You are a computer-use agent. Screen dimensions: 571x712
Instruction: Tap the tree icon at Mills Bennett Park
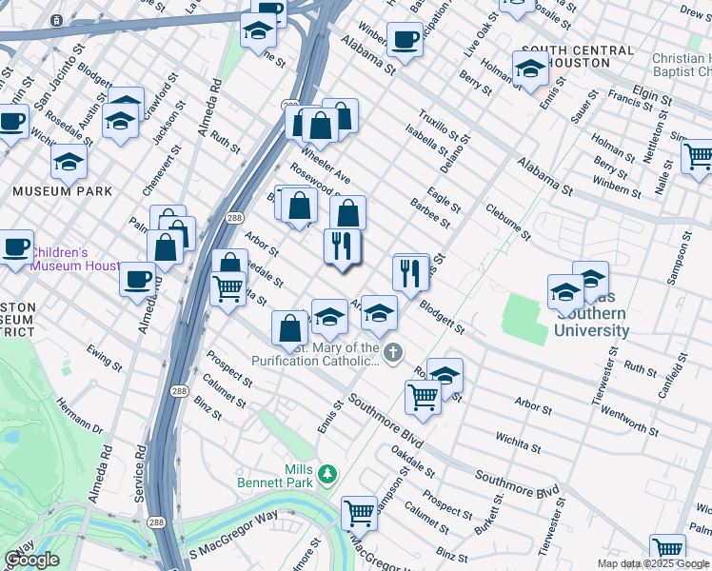328,473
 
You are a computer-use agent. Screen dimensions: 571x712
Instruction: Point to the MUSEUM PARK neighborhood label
63,191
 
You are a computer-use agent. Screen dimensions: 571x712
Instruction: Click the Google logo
31,560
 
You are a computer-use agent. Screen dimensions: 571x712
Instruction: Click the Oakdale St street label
413,465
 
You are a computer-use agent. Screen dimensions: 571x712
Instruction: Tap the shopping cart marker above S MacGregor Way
359,513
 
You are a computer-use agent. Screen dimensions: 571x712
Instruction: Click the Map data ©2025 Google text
654,563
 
